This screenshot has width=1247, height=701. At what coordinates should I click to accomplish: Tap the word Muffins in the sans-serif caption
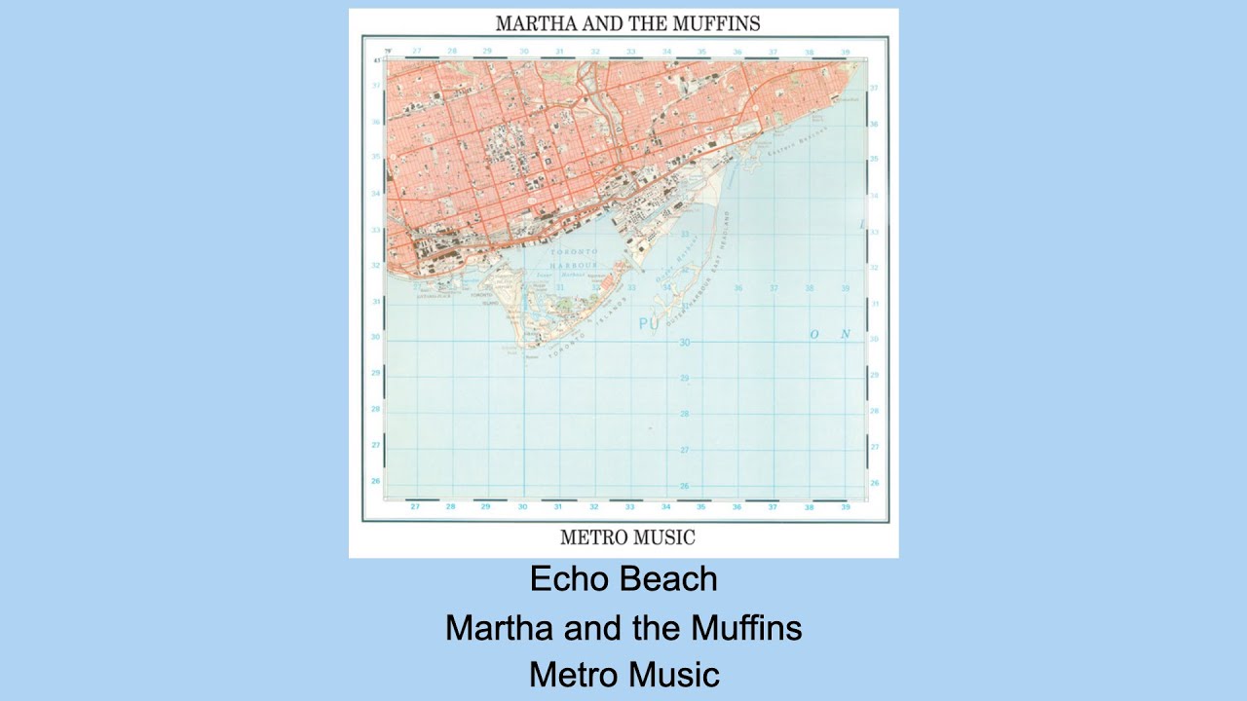pos(746,628)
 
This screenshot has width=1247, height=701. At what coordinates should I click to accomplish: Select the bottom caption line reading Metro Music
pos(623,675)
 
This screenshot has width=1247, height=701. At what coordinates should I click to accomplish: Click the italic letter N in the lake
pos(845,334)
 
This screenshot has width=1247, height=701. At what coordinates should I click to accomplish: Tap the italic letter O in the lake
pos(814,334)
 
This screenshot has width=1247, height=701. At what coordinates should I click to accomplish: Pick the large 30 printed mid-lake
pos(684,343)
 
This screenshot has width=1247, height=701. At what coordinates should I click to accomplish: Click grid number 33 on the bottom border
pos(629,507)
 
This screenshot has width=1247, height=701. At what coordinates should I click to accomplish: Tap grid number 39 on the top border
pos(845,51)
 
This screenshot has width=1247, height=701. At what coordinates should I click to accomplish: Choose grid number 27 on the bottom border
pos(415,507)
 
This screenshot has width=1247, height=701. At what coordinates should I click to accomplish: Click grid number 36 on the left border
pos(375,122)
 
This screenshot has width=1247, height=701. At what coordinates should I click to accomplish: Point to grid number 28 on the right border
pos(874,410)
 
